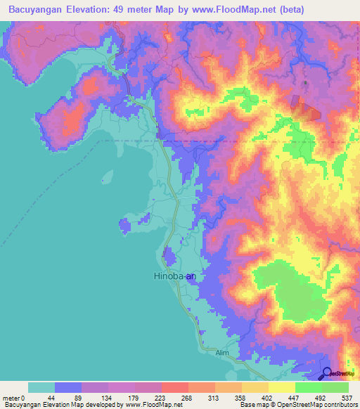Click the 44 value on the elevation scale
pyautogui.click(x=54, y=398)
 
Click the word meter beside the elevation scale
pyautogui.click(x=12, y=398)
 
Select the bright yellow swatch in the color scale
pyautogui.click(x=281, y=387)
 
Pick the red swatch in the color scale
pyautogui.click(x=174, y=387)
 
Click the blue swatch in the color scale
pyautogui.click(x=67, y=387)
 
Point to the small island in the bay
pyautogui.click(x=107, y=176)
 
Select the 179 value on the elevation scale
pyautogui.click(x=134, y=398)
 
